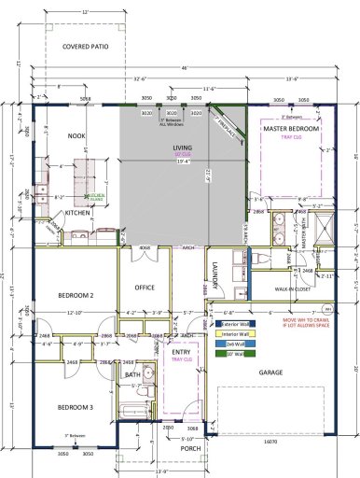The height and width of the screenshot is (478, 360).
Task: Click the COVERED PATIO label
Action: tap(82, 46)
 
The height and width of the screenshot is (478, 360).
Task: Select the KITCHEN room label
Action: tap(76, 213)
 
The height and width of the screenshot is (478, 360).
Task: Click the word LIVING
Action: tap(182, 148)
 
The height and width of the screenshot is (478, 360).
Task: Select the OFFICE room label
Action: tap(144, 288)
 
